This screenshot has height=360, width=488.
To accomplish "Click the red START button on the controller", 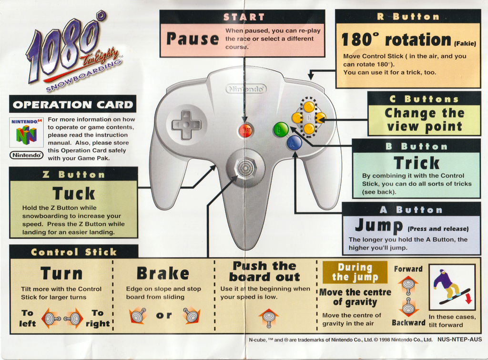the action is [x=245, y=131].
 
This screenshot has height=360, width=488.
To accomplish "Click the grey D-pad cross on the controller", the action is [x=186, y=125].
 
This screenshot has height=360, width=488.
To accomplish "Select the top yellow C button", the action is [x=309, y=107].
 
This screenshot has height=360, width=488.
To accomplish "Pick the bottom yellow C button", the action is [x=309, y=128].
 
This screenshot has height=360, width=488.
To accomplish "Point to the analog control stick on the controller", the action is [x=245, y=168].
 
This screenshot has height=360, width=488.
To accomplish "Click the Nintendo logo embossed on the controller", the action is [x=246, y=89].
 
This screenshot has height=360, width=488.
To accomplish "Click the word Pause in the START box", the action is [x=193, y=39].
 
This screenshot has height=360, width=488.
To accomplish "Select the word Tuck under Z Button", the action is [x=73, y=194].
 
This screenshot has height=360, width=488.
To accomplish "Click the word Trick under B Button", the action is [x=417, y=163].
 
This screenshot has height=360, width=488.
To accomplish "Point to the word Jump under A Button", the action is [x=379, y=225].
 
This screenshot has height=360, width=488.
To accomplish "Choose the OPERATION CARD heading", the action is [x=73, y=104].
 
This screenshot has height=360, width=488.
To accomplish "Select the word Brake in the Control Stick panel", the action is [x=163, y=273].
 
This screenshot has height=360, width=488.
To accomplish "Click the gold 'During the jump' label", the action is [x=355, y=272].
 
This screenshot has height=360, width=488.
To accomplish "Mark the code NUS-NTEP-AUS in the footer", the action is [x=459, y=339].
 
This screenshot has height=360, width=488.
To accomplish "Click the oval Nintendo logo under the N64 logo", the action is [x=27, y=155].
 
